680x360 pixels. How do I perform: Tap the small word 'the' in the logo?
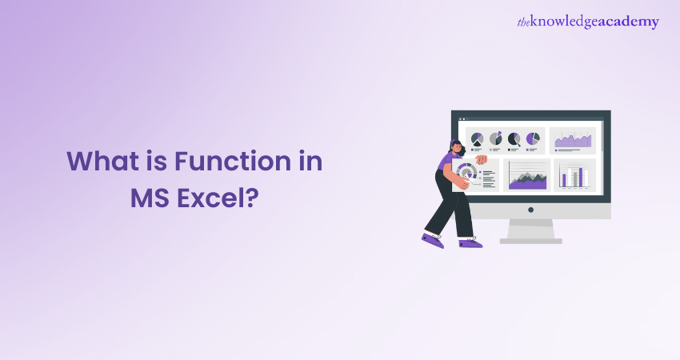coord(525,22)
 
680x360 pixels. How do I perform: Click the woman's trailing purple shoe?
coord(433,240)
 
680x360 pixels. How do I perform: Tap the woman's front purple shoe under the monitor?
coord(470,241)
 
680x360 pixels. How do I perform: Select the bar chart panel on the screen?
coord(574,176)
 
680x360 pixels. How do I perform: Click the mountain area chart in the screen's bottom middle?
coord(527,176)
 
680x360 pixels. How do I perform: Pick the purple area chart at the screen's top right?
coord(574,140)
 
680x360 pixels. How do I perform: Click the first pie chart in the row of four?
coord(478,139)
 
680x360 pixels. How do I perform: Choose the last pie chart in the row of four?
coord(533,139)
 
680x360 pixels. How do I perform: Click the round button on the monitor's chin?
coord(530,209)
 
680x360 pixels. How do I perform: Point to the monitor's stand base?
coord(530,238)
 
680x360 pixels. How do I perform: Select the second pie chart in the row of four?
coord(496,139)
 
